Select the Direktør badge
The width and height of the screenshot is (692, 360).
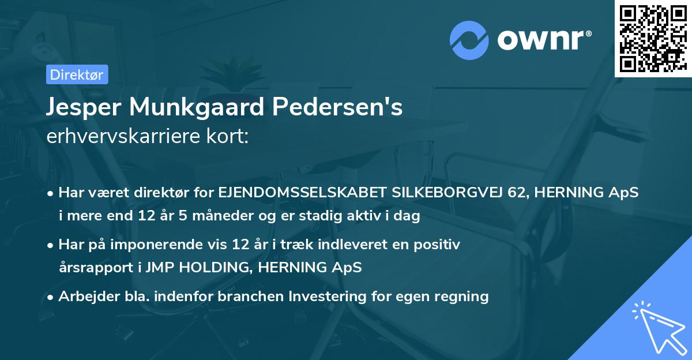pos(76,74)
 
